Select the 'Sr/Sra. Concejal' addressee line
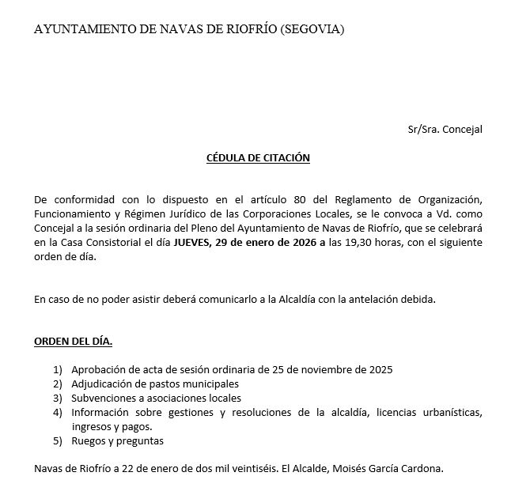pos(445,129)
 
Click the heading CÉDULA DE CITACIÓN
pos(258,157)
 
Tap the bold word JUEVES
pos(192,244)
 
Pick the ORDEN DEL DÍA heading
pos(73,342)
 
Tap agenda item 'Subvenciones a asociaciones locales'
pos(156,398)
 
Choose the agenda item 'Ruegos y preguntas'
pos(117,440)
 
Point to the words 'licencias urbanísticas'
pos(429,412)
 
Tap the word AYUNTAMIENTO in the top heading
pos(85,30)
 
